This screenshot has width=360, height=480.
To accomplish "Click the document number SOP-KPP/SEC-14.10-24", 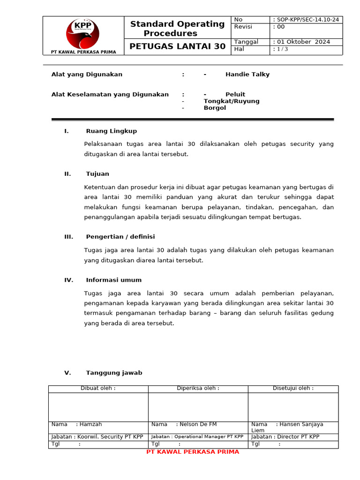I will tap(307, 20).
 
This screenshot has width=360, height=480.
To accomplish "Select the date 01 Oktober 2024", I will tap(302, 42).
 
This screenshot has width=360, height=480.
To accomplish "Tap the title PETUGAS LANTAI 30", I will tap(177, 46).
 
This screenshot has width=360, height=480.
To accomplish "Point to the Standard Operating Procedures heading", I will tap(177, 29).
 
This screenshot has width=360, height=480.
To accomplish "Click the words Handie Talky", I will tap(247, 75).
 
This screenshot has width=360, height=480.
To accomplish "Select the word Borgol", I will tap(215, 108).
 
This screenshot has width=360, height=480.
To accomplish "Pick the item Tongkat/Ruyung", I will tap(231, 101).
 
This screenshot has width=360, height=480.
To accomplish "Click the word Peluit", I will tap(235, 94).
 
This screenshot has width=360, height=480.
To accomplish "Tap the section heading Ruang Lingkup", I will tap(112, 131).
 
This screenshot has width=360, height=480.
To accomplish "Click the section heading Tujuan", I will tap(97, 174).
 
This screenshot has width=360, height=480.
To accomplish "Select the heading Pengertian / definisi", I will tap(120, 237).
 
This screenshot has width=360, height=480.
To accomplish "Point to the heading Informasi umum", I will tap(113, 280).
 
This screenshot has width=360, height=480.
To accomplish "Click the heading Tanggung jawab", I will tap(114, 373).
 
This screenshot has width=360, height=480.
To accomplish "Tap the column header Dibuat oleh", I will tap(98, 388).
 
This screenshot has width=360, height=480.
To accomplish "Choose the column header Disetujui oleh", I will tap(293, 388).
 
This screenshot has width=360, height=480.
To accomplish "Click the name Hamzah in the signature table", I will tap(90, 424).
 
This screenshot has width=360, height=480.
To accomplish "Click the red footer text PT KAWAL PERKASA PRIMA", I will tap(193, 452).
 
